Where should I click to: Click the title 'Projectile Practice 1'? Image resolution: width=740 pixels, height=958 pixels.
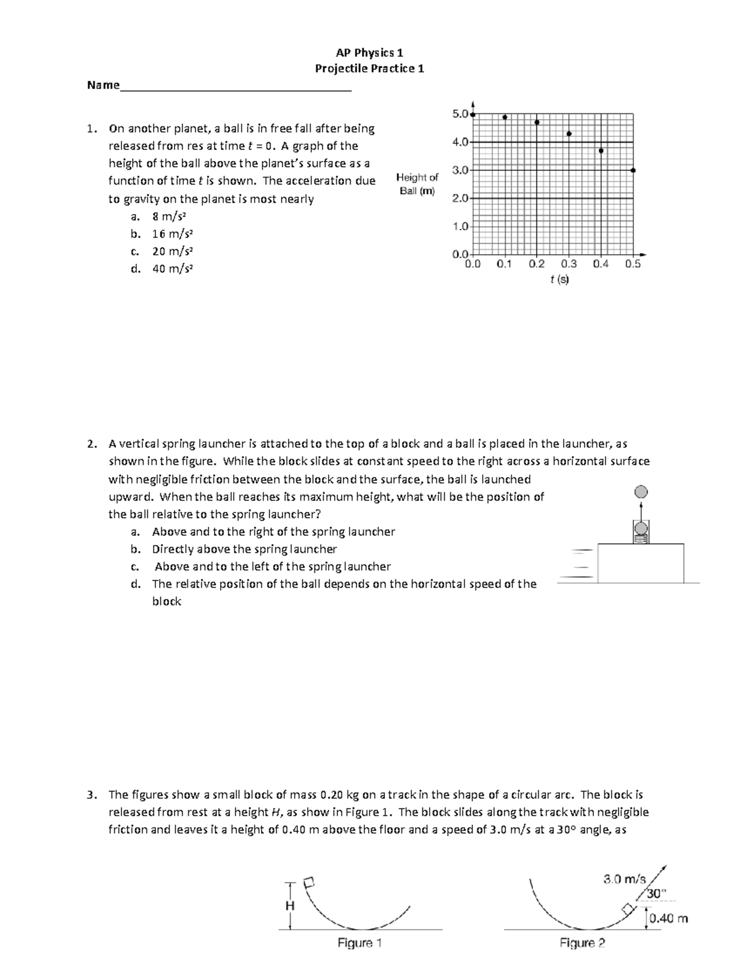pos(369,68)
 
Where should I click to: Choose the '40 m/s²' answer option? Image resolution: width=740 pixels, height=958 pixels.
pos(172,268)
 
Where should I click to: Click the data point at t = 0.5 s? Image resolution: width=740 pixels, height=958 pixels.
pos(633,170)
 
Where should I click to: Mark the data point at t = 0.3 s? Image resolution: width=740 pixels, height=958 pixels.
pos(569,134)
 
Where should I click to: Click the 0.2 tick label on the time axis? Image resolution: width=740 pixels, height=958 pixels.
pos(536,264)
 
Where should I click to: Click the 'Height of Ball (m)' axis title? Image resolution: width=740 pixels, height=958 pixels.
pos(417,184)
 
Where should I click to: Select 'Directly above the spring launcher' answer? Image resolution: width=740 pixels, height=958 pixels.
pos(244,549)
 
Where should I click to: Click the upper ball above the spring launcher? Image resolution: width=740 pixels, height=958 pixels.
pos(641,492)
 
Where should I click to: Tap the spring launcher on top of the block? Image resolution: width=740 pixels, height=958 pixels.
pos(641,532)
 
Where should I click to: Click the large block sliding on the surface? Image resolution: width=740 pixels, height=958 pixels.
pos(641,562)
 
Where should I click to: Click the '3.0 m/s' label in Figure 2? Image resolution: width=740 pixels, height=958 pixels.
pos(624,879)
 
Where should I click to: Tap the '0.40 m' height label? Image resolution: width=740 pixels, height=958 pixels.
pos(669,919)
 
